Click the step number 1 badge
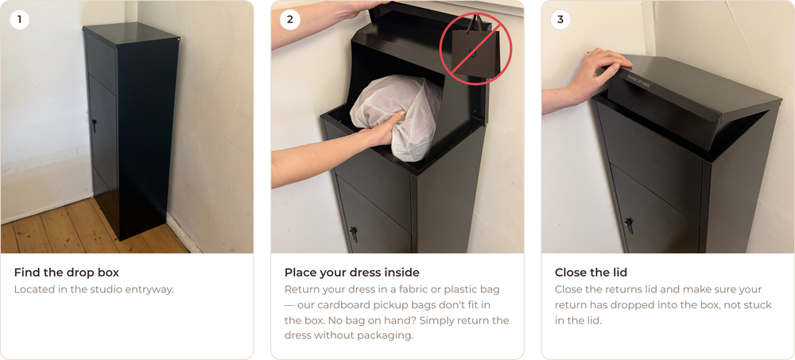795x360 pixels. [19, 19]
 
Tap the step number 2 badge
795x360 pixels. [290, 19]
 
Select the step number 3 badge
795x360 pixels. [560, 19]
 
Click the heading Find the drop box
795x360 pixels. [67, 273]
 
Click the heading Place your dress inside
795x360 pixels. [352, 273]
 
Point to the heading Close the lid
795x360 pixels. [591, 273]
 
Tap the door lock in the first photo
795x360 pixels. [94, 125]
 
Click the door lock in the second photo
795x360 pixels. [354, 234]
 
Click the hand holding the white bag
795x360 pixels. [383, 130]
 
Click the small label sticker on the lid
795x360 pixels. [638, 81]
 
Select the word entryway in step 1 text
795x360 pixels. [151, 290]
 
